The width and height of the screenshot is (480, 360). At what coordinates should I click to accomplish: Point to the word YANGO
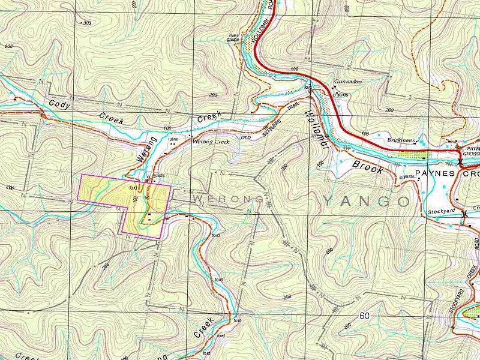pos(366,200)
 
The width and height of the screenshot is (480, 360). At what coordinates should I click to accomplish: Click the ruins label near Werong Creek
pos(173,139)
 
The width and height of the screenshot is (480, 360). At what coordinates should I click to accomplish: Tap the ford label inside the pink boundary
pos(133,187)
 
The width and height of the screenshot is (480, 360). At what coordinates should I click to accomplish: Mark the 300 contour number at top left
pos(88,23)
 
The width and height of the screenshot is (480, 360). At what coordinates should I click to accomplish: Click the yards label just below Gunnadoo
pos(341,94)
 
